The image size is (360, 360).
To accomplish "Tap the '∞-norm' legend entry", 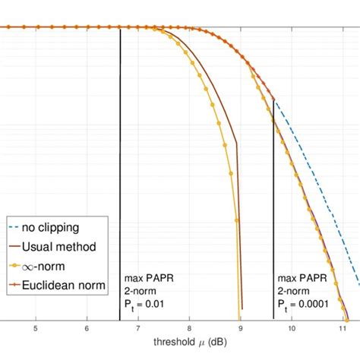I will click(x=53, y=266).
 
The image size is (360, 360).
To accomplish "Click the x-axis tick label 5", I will click(x=36, y=329).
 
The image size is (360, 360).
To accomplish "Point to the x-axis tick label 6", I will click(x=87, y=329).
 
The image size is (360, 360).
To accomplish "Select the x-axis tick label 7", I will click(x=137, y=329).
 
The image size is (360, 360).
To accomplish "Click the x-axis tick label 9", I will click(x=240, y=329).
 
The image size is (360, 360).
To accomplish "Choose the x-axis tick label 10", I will click(x=291, y=329).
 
